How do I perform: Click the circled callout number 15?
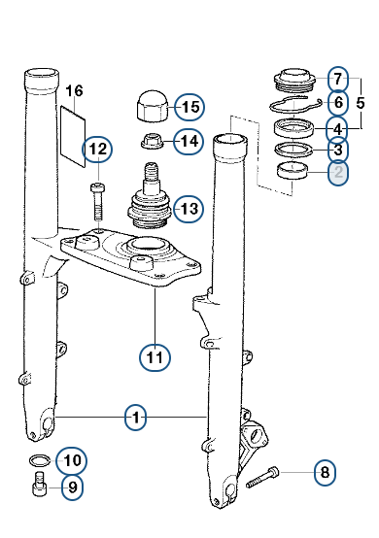coord(189,107)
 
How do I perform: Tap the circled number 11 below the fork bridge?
coord(155,357)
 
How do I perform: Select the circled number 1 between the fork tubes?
coord(136,418)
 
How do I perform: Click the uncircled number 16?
coord(74,91)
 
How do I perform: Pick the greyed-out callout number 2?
coord(338,172)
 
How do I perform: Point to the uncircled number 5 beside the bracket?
coord(361,103)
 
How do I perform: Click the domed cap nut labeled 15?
coord(151,106)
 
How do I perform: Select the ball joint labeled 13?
coord(150,196)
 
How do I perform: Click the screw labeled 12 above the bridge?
coord(98,202)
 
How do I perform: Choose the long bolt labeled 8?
coord(262,477)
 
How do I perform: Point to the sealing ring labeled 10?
coord(40,460)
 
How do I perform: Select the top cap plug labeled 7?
coord(294,81)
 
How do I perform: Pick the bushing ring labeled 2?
coord(293,170)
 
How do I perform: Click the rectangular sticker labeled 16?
coord(73,137)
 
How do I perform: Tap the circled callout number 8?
coord(325,473)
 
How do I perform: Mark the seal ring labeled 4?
coord(294,127)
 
